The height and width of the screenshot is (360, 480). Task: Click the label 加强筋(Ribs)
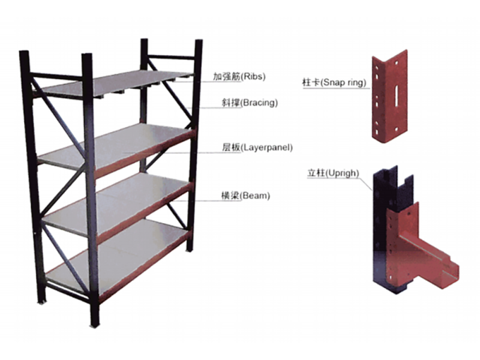[239, 76]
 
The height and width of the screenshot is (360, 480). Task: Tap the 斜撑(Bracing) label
[250, 103]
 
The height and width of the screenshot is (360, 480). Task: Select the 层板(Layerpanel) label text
[257, 148]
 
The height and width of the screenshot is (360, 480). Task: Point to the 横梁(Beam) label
[245, 196]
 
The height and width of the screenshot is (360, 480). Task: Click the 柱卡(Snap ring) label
[334, 82]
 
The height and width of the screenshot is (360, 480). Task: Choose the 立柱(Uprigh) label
[333, 173]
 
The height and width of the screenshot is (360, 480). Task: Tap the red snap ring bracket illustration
[389, 97]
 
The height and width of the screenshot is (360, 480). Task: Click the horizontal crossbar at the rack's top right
[171, 57]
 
